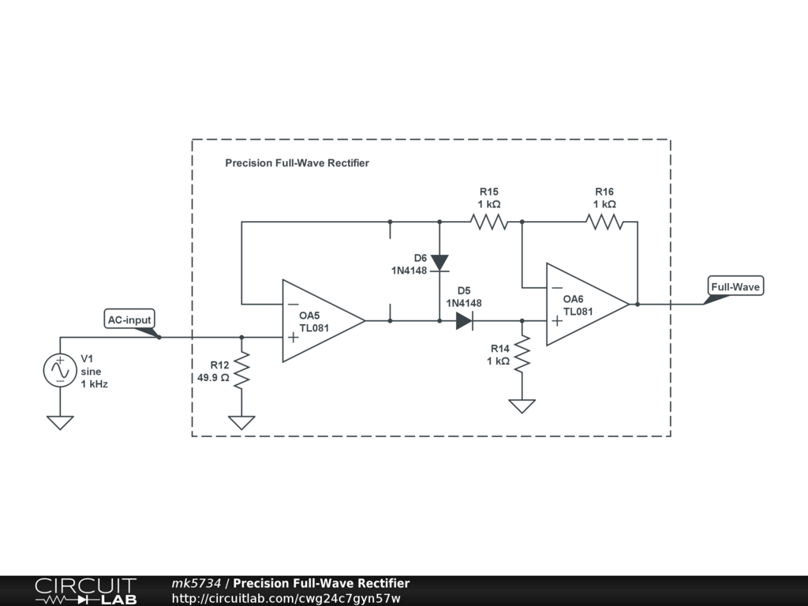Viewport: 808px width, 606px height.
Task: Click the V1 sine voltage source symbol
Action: coord(60,371)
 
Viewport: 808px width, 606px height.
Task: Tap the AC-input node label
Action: coord(130,320)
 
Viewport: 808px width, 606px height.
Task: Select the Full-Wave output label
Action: coord(735,287)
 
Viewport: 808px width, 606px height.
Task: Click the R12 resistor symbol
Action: coord(241,371)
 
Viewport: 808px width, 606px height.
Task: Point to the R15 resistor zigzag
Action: coord(489,223)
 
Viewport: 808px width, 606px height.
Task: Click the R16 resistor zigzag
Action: coord(604,223)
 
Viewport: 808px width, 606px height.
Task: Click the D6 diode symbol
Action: coord(440,262)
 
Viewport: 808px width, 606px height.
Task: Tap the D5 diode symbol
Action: coord(464,320)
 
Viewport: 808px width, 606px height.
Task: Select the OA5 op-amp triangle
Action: coord(320,320)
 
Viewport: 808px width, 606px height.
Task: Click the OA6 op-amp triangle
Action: coord(584,304)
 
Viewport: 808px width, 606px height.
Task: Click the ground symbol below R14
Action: coord(522,406)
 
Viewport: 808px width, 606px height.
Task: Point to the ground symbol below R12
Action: coord(241,422)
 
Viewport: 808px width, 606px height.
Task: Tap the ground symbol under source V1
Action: coord(60,422)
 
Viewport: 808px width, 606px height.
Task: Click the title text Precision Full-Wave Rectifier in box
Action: coord(297,163)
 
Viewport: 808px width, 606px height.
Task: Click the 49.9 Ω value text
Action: coord(213,377)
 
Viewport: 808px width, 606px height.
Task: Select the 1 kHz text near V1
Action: coord(94,384)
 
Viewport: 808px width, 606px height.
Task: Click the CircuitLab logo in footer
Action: coord(85,590)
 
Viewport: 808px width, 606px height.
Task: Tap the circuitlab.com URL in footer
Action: coord(286,598)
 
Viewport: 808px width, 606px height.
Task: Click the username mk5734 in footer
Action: coord(196,583)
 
